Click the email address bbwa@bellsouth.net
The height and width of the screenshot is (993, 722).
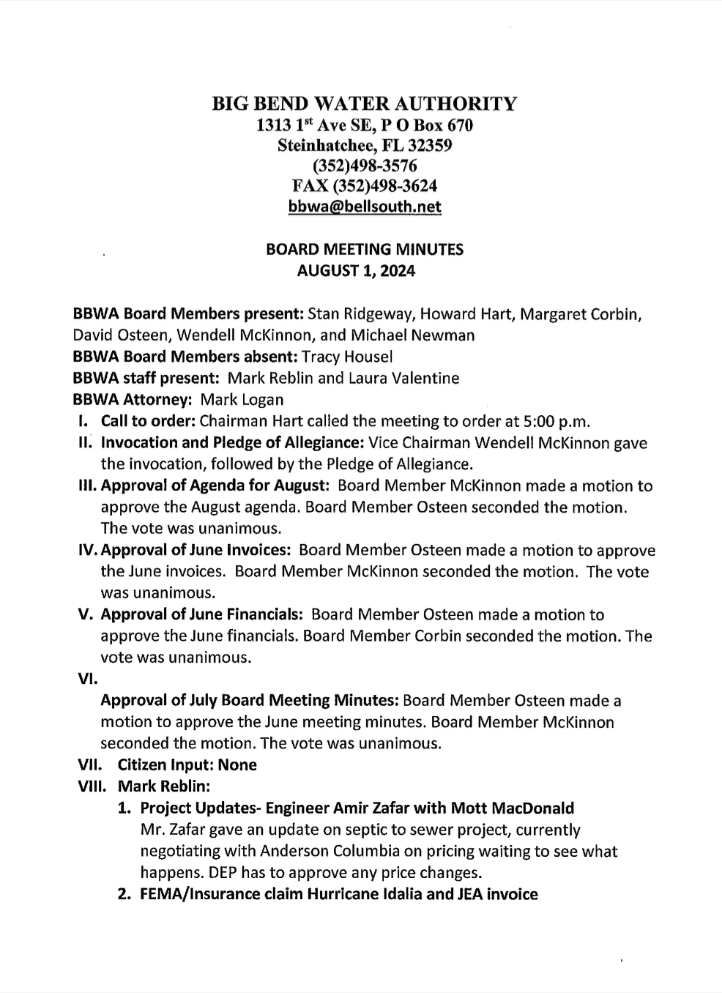click(x=365, y=207)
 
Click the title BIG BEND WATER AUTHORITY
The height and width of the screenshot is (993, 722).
click(x=365, y=104)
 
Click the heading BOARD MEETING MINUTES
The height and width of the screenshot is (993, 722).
click(x=365, y=250)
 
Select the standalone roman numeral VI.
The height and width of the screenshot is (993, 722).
click(x=88, y=679)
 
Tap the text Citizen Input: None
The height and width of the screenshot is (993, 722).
click(x=187, y=765)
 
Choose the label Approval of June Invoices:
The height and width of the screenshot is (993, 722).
click(x=197, y=551)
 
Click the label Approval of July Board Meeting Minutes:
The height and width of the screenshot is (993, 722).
click(x=250, y=701)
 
